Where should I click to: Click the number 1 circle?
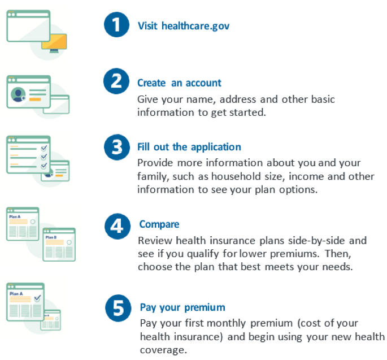[116, 25]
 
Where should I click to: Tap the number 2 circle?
[116, 81]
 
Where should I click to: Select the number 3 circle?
[117, 147]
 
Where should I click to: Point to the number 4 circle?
[118, 226]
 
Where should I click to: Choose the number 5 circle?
[118, 308]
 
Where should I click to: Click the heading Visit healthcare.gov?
[184, 26]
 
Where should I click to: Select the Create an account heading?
[179, 83]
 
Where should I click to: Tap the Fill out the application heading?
[189, 147]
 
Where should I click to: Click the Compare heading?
[159, 224]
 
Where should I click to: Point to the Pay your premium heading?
[182, 307]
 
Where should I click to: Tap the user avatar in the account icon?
[18, 94]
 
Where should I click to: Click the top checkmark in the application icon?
[44, 148]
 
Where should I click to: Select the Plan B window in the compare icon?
[59, 245]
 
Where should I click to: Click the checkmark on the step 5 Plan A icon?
[37, 298]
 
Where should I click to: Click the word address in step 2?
[238, 99]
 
